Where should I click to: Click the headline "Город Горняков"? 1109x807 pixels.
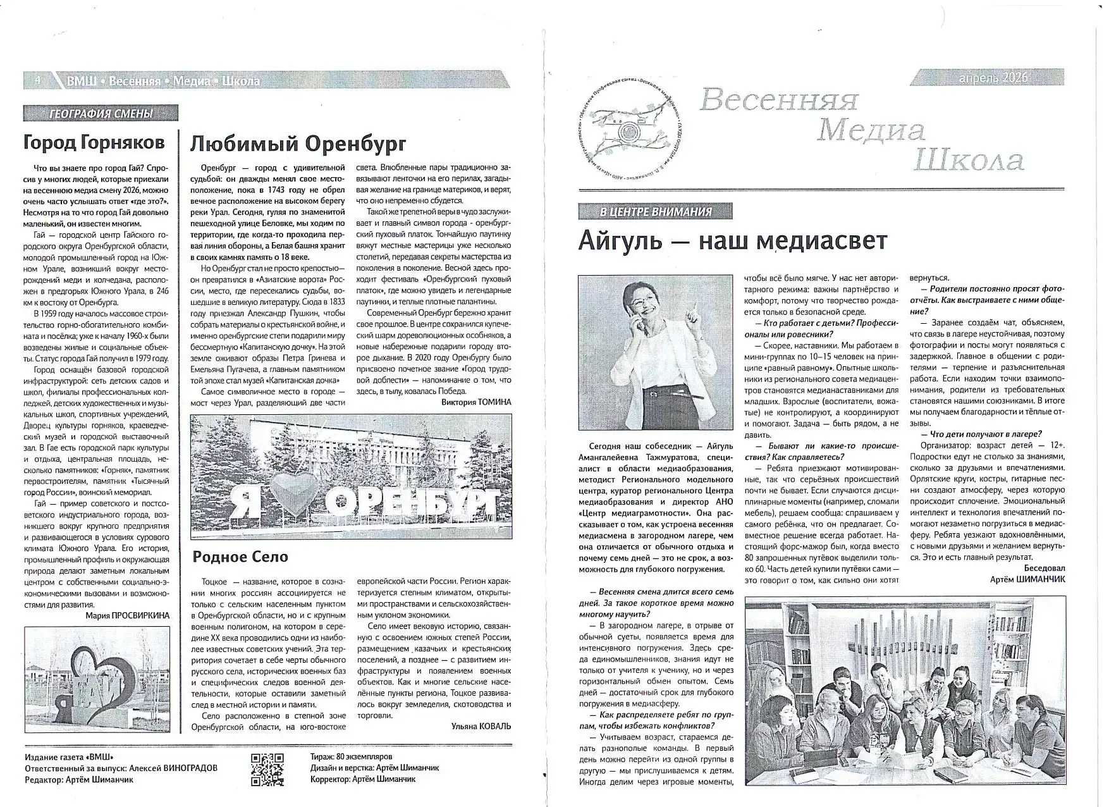click(94, 143)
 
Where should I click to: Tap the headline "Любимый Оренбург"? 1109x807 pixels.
click(297, 144)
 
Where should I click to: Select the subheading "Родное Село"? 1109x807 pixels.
click(240, 557)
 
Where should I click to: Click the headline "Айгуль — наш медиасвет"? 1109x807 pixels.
click(732, 241)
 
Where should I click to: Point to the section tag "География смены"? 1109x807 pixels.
click(101, 114)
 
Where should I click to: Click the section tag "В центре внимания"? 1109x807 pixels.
click(655, 211)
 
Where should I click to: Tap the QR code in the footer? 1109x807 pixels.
click(267, 770)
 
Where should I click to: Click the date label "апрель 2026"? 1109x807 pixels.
click(993, 78)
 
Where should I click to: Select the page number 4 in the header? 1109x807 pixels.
click(38, 80)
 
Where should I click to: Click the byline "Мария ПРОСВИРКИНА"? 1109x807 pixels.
click(127, 615)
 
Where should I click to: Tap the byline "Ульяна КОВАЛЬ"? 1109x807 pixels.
click(481, 726)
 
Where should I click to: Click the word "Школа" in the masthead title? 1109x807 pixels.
click(969, 161)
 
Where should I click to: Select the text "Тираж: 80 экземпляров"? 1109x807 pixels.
click(352, 756)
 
